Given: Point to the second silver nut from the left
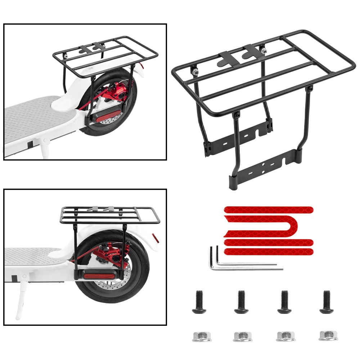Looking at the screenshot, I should click(x=240, y=336).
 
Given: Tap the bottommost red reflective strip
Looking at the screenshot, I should click(x=268, y=251).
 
